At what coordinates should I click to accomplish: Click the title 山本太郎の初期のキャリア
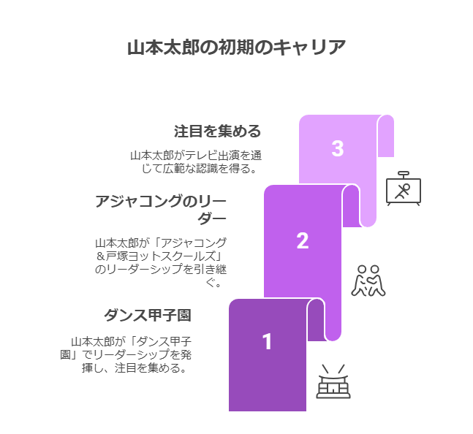click(236, 47)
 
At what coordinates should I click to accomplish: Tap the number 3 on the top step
click(337, 148)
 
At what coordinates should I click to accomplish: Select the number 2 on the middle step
click(302, 240)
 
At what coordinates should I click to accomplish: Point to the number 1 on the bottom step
click(267, 341)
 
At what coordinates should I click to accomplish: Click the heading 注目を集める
click(217, 132)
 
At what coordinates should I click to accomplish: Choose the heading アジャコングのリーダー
click(161, 209)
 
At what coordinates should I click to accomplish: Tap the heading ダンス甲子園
click(148, 316)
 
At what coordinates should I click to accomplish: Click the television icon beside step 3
click(404, 190)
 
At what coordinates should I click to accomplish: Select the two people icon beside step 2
click(368, 281)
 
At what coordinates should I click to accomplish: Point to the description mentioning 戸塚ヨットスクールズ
click(161, 262)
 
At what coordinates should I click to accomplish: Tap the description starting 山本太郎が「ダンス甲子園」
click(132, 354)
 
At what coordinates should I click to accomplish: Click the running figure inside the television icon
click(403, 191)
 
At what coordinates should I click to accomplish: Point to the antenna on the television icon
click(404, 174)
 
